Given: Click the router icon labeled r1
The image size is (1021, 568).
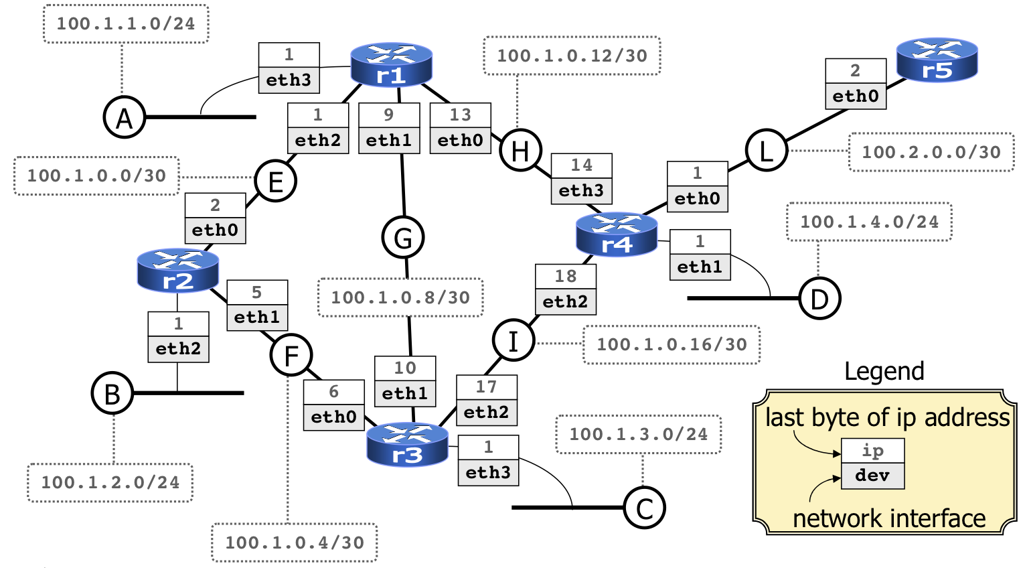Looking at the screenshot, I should [391, 65].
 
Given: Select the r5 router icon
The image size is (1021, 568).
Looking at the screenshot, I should [937, 60].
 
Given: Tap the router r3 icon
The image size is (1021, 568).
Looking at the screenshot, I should [407, 445].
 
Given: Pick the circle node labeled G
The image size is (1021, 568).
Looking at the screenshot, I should [403, 237].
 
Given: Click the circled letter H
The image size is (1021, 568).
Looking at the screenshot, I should [520, 150].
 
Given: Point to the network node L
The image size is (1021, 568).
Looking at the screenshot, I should [766, 150].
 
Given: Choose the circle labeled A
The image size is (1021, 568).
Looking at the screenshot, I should [125, 118].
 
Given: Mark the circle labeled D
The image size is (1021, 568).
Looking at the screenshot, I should [819, 298].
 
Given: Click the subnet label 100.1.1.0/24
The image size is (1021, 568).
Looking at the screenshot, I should [126, 24].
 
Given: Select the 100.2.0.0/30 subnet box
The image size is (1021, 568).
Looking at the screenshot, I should [931, 152].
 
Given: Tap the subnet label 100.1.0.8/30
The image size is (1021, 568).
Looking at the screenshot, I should [400, 297].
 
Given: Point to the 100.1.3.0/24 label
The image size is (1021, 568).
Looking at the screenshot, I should [638, 434].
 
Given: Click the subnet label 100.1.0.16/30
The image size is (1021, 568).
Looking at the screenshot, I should [672, 344].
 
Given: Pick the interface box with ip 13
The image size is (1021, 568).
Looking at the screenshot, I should [460, 128].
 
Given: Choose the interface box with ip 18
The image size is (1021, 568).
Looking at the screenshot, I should [566, 289].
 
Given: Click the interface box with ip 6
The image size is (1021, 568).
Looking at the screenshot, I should [333, 405].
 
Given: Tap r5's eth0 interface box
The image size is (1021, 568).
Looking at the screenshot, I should [856, 84].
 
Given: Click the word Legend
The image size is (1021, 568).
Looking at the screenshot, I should [884, 371].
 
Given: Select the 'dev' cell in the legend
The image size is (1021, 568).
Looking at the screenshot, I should [872, 476].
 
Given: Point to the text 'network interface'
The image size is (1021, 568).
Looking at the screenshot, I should [888, 518].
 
